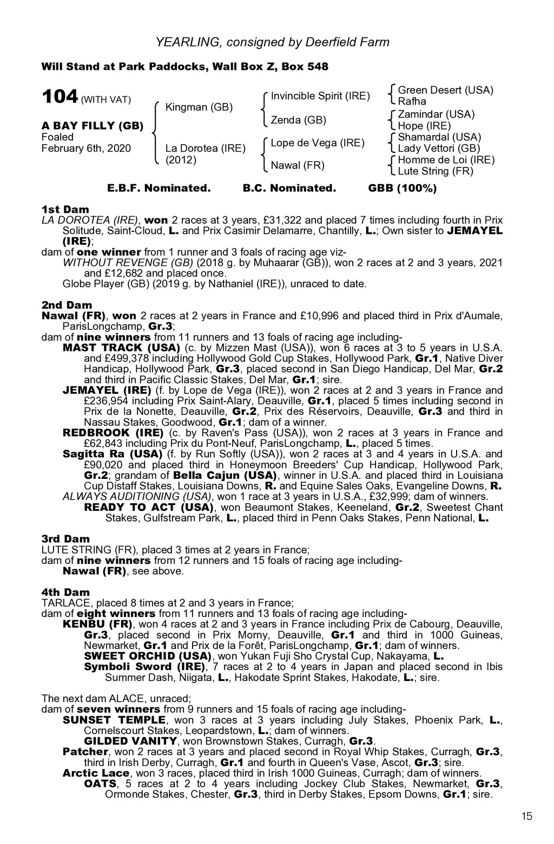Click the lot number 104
point(60,97)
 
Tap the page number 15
point(527,817)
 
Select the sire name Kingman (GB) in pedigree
point(199,107)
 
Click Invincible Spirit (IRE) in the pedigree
point(320,96)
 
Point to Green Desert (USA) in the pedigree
point(445,90)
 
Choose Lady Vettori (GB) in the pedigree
point(439,148)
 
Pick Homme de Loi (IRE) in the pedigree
point(446,160)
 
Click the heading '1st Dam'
point(65,209)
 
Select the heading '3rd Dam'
point(66,538)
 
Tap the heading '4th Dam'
point(65,592)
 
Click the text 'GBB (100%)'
point(402,189)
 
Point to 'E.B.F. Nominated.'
point(159,189)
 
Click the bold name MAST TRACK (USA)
point(122,347)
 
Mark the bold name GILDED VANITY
point(130,741)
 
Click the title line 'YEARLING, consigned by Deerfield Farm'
point(273,42)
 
